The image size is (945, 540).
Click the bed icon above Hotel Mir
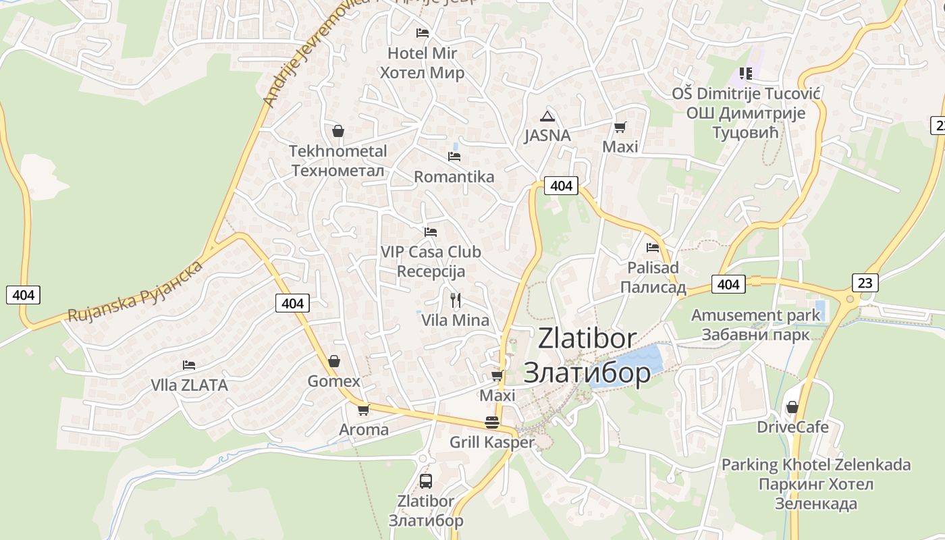[423, 32]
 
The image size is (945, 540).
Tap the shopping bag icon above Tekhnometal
[338, 131]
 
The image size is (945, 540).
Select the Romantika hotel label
[454, 177]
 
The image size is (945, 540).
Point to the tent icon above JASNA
[547, 115]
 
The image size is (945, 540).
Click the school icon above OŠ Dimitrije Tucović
[746, 73]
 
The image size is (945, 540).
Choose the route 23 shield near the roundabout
[865, 282]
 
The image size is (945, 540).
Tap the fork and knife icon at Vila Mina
[456, 300]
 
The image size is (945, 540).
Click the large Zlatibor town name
[587, 355]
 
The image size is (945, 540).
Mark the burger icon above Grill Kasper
[492, 423]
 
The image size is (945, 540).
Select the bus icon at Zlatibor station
[426, 481]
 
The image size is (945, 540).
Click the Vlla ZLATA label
[189, 385]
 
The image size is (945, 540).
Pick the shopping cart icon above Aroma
[364, 410]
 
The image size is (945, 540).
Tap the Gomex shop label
[334, 381]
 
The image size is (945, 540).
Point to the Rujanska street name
[135, 292]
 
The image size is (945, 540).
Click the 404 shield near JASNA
[561, 186]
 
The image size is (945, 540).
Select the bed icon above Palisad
[653, 248]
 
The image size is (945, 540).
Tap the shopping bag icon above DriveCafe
[792, 407]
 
